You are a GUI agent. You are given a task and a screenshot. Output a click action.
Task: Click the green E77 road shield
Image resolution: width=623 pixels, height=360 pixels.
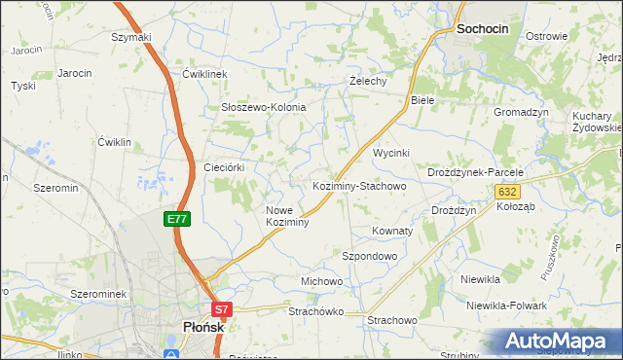click(x=177, y=220)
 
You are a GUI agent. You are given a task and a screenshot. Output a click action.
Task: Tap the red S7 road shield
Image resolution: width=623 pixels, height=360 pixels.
click(x=223, y=310)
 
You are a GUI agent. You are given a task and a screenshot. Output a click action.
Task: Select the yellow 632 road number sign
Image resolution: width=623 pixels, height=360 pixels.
click(x=507, y=193)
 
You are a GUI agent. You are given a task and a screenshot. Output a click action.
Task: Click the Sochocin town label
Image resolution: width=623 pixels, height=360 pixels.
click(x=482, y=30)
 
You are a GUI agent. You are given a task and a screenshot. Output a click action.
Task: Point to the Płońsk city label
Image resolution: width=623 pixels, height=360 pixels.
click(x=204, y=328)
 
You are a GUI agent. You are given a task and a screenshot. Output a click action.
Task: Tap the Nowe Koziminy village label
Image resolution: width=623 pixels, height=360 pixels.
click(x=287, y=216)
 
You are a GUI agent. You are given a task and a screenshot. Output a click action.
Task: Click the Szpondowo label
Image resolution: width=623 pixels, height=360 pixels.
click(x=369, y=256)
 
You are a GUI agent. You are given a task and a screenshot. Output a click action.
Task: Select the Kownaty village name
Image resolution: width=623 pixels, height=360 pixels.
click(x=392, y=232)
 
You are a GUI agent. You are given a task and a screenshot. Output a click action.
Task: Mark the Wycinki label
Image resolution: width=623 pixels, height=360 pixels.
click(x=393, y=154)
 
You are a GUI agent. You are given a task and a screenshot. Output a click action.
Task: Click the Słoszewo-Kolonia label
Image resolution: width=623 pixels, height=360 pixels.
click(x=264, y=107)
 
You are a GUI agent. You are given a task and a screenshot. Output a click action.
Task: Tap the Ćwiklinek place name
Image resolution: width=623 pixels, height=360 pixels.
click(x=204, y=74)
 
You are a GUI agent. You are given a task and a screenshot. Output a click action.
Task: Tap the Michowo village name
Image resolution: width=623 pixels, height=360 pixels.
click(x=321, y=281)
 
